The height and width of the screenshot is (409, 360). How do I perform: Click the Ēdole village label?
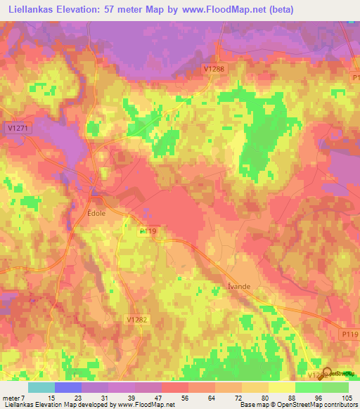96,211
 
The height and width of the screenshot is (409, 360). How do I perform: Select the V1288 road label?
214,69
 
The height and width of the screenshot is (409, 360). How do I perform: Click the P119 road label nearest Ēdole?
147,230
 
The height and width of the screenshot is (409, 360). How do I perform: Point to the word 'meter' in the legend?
12,398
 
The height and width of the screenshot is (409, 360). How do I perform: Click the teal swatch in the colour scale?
41,387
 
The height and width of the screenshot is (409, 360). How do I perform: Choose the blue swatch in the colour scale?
68,387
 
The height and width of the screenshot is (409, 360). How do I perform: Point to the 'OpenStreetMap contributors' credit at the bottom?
317,405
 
